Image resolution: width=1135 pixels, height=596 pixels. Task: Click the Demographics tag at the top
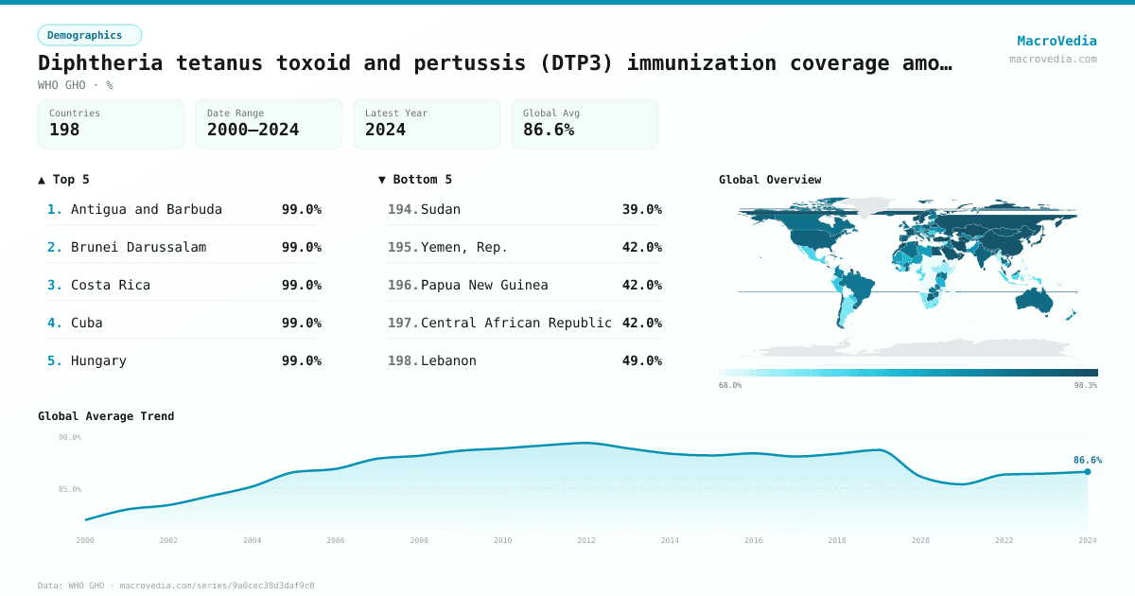coord(89,35)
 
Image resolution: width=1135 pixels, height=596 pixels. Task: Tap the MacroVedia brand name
coord(1056,41)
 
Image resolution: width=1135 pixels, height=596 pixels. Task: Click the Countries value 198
coord(64,130)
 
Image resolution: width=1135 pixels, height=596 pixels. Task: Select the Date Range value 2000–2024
coord(253,130)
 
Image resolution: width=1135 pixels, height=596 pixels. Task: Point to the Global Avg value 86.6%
coord(549,130)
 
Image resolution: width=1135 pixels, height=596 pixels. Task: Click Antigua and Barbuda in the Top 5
coord(147,209)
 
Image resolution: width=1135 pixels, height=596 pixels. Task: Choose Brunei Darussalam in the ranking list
coord(138,247)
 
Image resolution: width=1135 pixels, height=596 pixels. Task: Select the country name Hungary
coord(98,360)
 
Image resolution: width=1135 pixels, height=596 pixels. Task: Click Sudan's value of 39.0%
coord(641,209)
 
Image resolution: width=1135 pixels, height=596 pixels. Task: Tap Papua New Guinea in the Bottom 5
coord(484,285)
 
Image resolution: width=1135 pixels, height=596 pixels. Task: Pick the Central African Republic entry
coord(516,323)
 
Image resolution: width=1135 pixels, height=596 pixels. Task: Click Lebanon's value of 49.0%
coord(641,360)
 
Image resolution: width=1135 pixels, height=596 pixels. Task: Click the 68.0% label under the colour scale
coord(730,385)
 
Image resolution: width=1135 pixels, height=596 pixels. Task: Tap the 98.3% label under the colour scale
coord(1085,385)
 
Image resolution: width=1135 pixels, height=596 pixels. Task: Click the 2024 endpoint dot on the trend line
coord(1087,471)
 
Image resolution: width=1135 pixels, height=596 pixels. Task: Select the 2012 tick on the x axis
coord(586,540)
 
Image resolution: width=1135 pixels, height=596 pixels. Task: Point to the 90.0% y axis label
coord(70,437)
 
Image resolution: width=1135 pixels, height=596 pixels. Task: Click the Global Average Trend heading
coord(106,416)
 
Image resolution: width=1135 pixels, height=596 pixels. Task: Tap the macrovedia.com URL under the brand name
coord(1053,59)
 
